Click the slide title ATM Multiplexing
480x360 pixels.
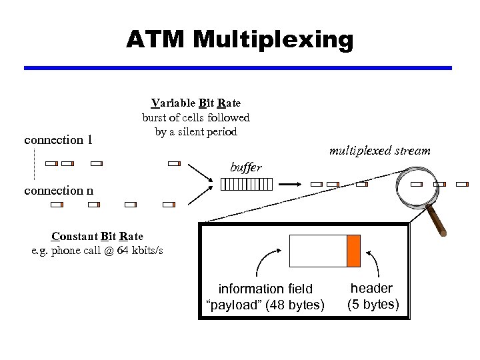coord(240,40)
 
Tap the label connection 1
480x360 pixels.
coord(58,140)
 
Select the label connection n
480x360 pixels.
coord(58,191)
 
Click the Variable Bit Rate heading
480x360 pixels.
coord(196,103)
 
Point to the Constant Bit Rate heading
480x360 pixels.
coord(97,236)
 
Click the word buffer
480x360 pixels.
coord(245,168)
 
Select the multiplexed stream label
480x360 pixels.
coord(379,151)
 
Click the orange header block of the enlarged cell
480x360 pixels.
coord(353,251)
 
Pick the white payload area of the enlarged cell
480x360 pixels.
coord(317,251)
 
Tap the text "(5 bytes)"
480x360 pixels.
coord(373,305)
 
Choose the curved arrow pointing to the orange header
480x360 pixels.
coord(375,263)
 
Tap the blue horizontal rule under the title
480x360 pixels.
coord(238,68)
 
